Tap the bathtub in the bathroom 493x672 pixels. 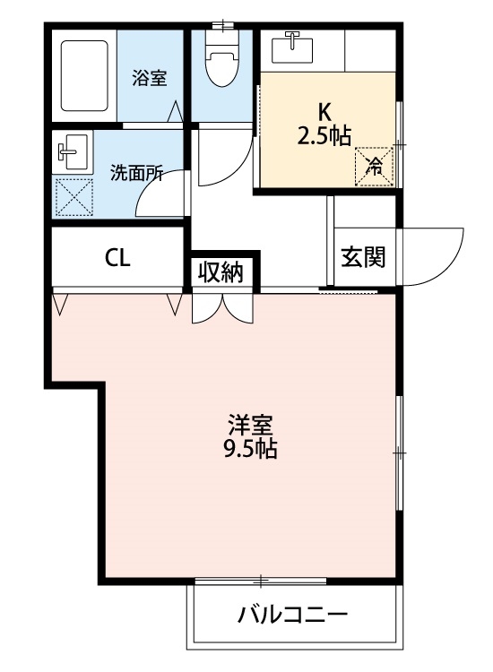pyautogui.click(x=83, y=76)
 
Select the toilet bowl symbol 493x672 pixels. pyautogui.click(x=221, y=60)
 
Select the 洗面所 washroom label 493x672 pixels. pyautogui.click(x=136, y=173)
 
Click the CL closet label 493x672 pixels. pyautogui.click(x=117, y=259)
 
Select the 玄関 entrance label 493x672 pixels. pyautogui.click(x=363, y=257)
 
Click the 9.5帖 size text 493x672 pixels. pyautogui.click(x=250, y=449)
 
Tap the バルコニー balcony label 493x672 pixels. pyautogui.click(x=292, y=616)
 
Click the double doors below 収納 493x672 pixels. pyautogui.click(x=221, y=307)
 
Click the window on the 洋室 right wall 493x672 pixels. pyautogui.click(x=399, y=453)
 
